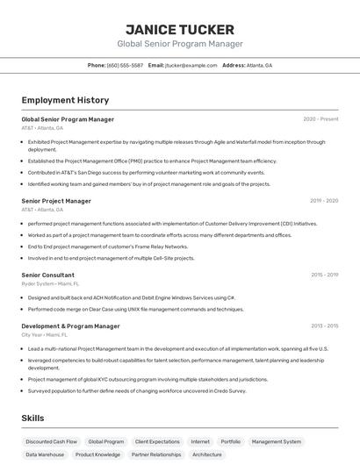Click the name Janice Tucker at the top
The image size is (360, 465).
180,29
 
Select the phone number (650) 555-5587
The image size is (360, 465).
126,65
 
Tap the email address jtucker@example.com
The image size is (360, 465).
191,65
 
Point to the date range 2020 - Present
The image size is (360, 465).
320,119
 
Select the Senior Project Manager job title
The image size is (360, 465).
56,201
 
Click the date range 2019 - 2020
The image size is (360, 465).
323,201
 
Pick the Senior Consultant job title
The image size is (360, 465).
47,275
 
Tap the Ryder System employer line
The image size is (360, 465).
50,283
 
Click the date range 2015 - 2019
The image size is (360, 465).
324,275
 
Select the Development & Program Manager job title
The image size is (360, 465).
70,326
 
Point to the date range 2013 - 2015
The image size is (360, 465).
324,326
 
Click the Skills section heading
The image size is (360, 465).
32,418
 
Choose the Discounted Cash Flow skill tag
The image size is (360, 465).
51,441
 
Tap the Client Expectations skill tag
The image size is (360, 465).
157,441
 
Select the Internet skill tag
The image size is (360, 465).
200,441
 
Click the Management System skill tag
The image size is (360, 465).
276,441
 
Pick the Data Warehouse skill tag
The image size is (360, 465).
45,454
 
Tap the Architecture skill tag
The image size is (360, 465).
207,454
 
